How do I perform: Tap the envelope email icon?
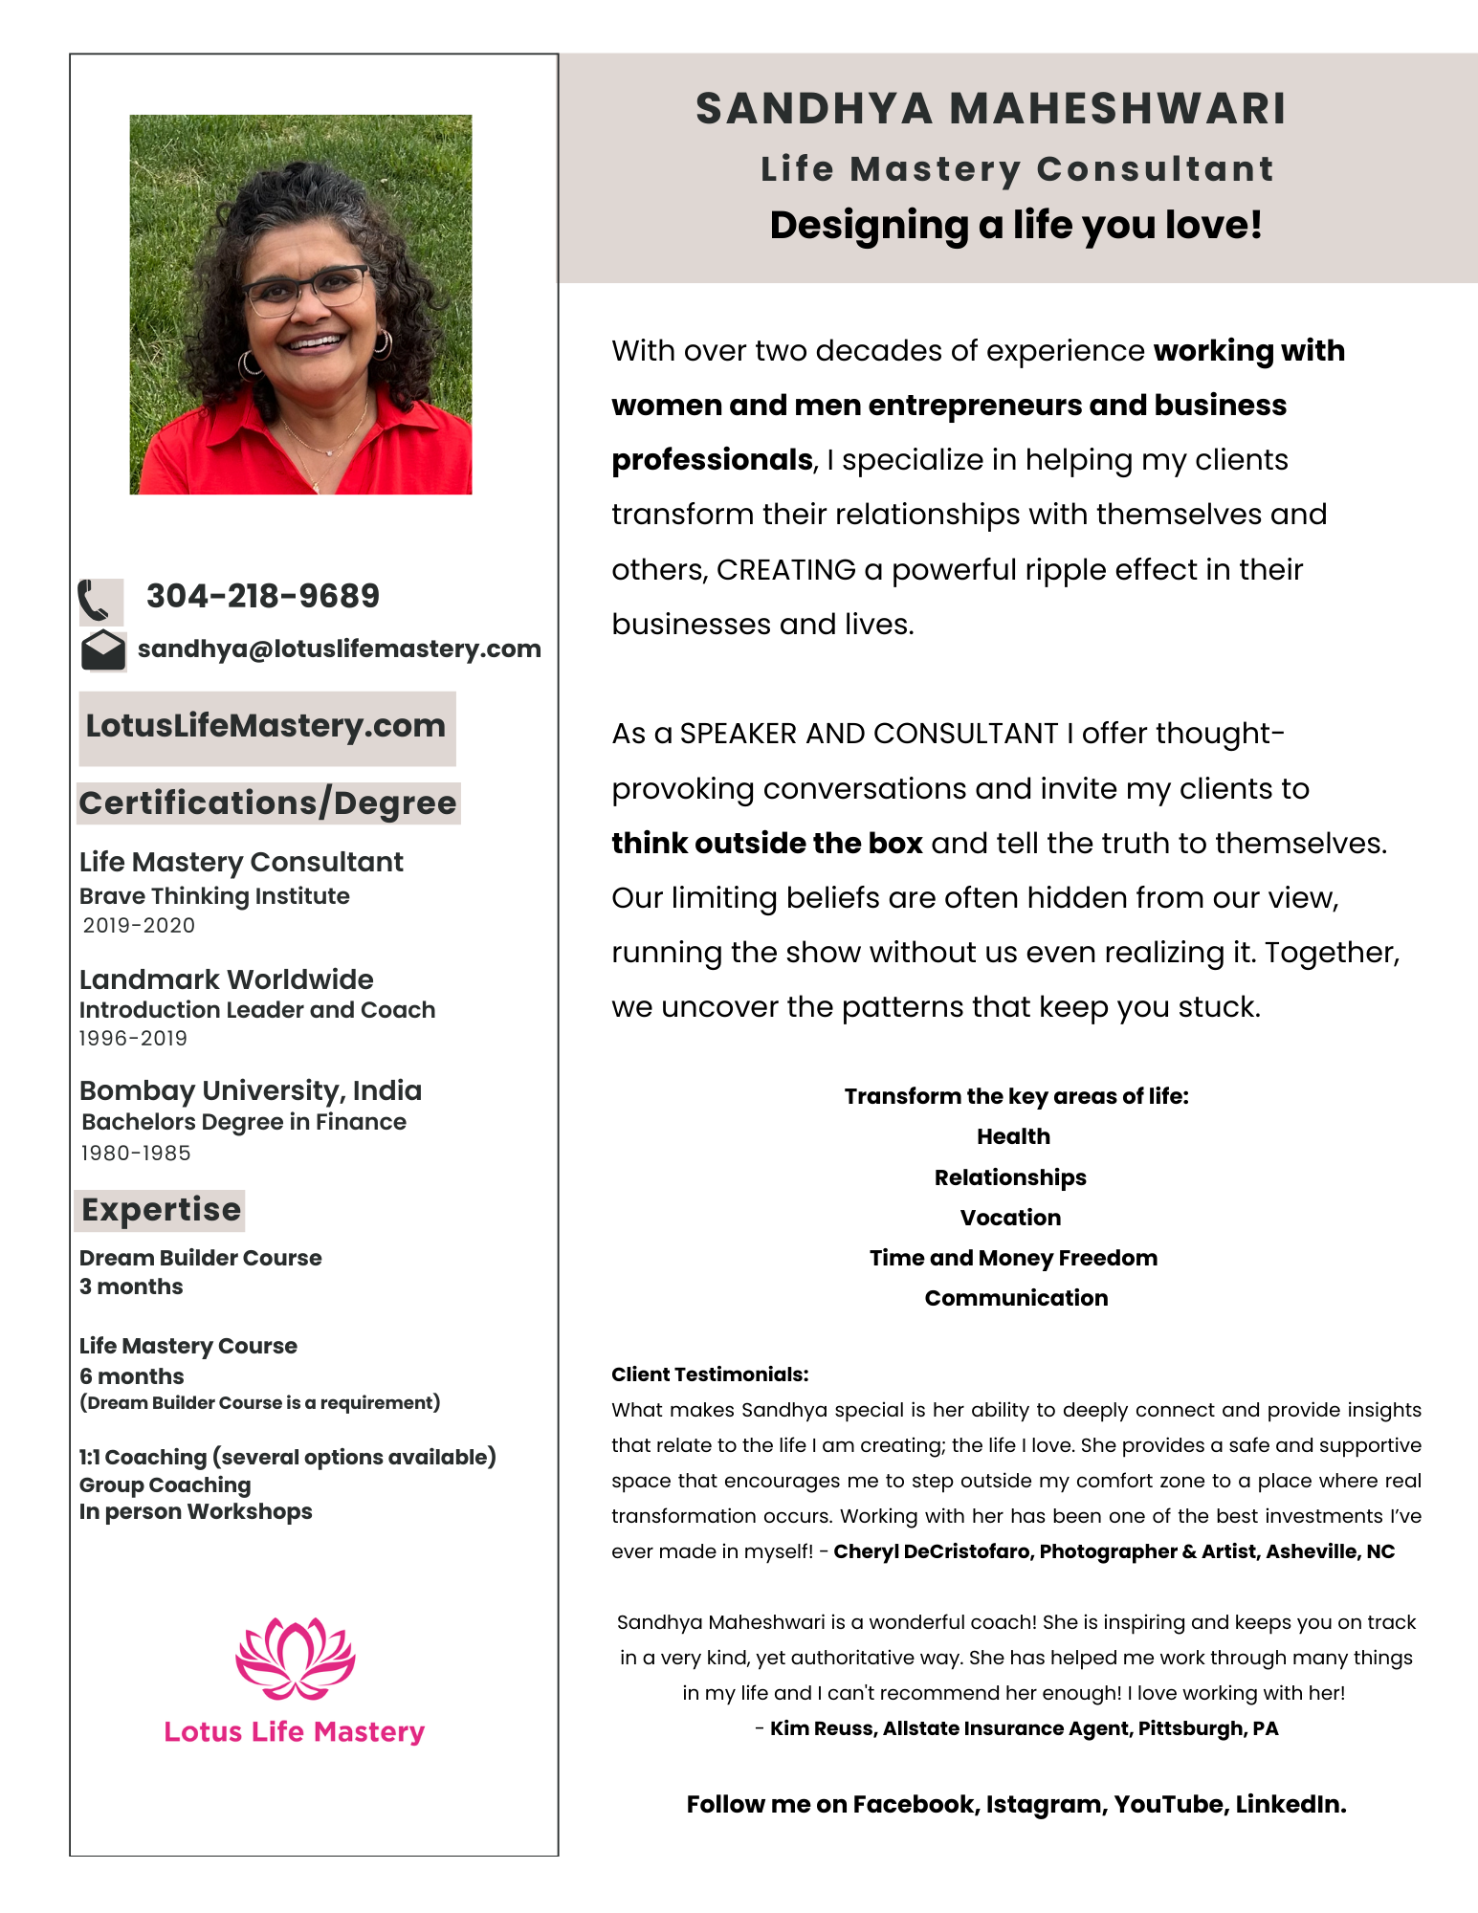pos(103,650)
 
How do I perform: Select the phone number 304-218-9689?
pos(263,596)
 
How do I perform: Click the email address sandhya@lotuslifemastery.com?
pos(340,649)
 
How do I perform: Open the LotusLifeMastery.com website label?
pos(266,726)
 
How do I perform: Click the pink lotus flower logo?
pos(295,1659)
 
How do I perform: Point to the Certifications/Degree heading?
pos(268,803)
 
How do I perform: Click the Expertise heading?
pos(161,1210)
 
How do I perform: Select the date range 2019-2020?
pos(139,925)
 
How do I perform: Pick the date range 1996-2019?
pos(133,1038)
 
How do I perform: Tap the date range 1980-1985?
pos(136,1153)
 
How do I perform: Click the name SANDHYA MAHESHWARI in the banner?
pos(991,108)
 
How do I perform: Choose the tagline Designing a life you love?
pos(1016,226)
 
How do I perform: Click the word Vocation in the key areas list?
pos(1010,1218)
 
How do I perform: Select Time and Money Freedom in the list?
pos(1013,1258)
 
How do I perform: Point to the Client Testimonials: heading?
pos(710,1374)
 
